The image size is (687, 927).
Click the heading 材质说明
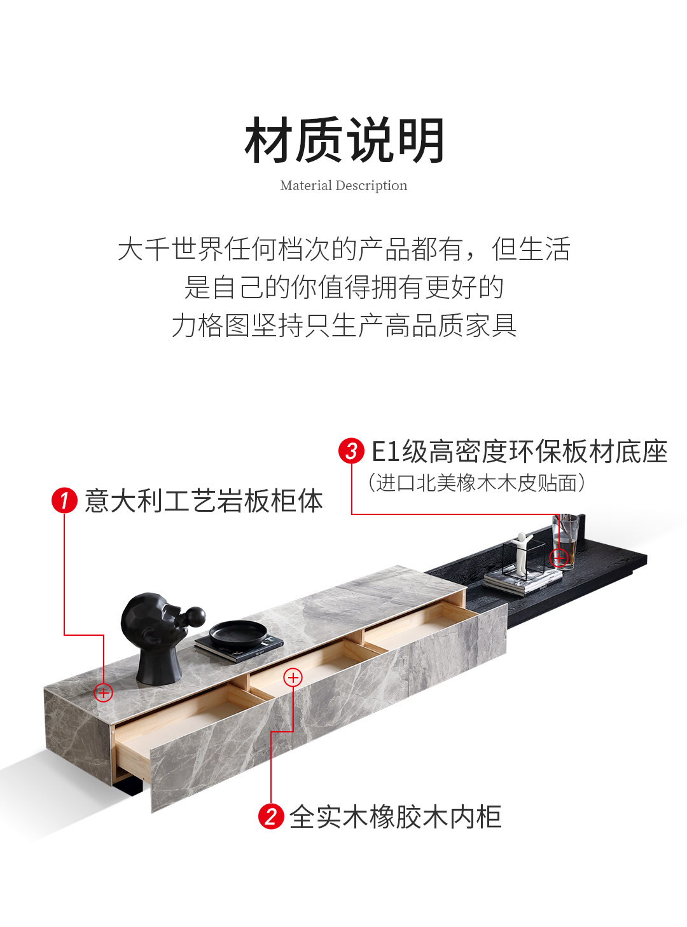pos(343,140)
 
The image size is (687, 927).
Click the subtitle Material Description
pos(343,185)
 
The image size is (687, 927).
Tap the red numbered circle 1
pos(64,500)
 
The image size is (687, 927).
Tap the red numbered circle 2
pos(271,816)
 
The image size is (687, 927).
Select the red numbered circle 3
pos(351,451)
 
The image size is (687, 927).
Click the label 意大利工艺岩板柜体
pos(204,501)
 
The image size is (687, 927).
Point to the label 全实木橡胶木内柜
pos(395,816)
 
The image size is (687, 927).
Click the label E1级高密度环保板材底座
pos(519,451)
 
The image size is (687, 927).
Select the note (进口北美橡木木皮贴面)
pos(476,483)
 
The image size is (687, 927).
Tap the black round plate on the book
pos(238,635)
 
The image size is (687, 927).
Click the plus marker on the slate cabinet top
pos(103,693)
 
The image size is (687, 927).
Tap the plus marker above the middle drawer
pos(293,677)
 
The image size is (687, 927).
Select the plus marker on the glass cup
pos(559,557)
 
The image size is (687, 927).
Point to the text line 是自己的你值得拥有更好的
pos(343,287)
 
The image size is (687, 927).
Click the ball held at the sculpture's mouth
pos(195,617)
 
